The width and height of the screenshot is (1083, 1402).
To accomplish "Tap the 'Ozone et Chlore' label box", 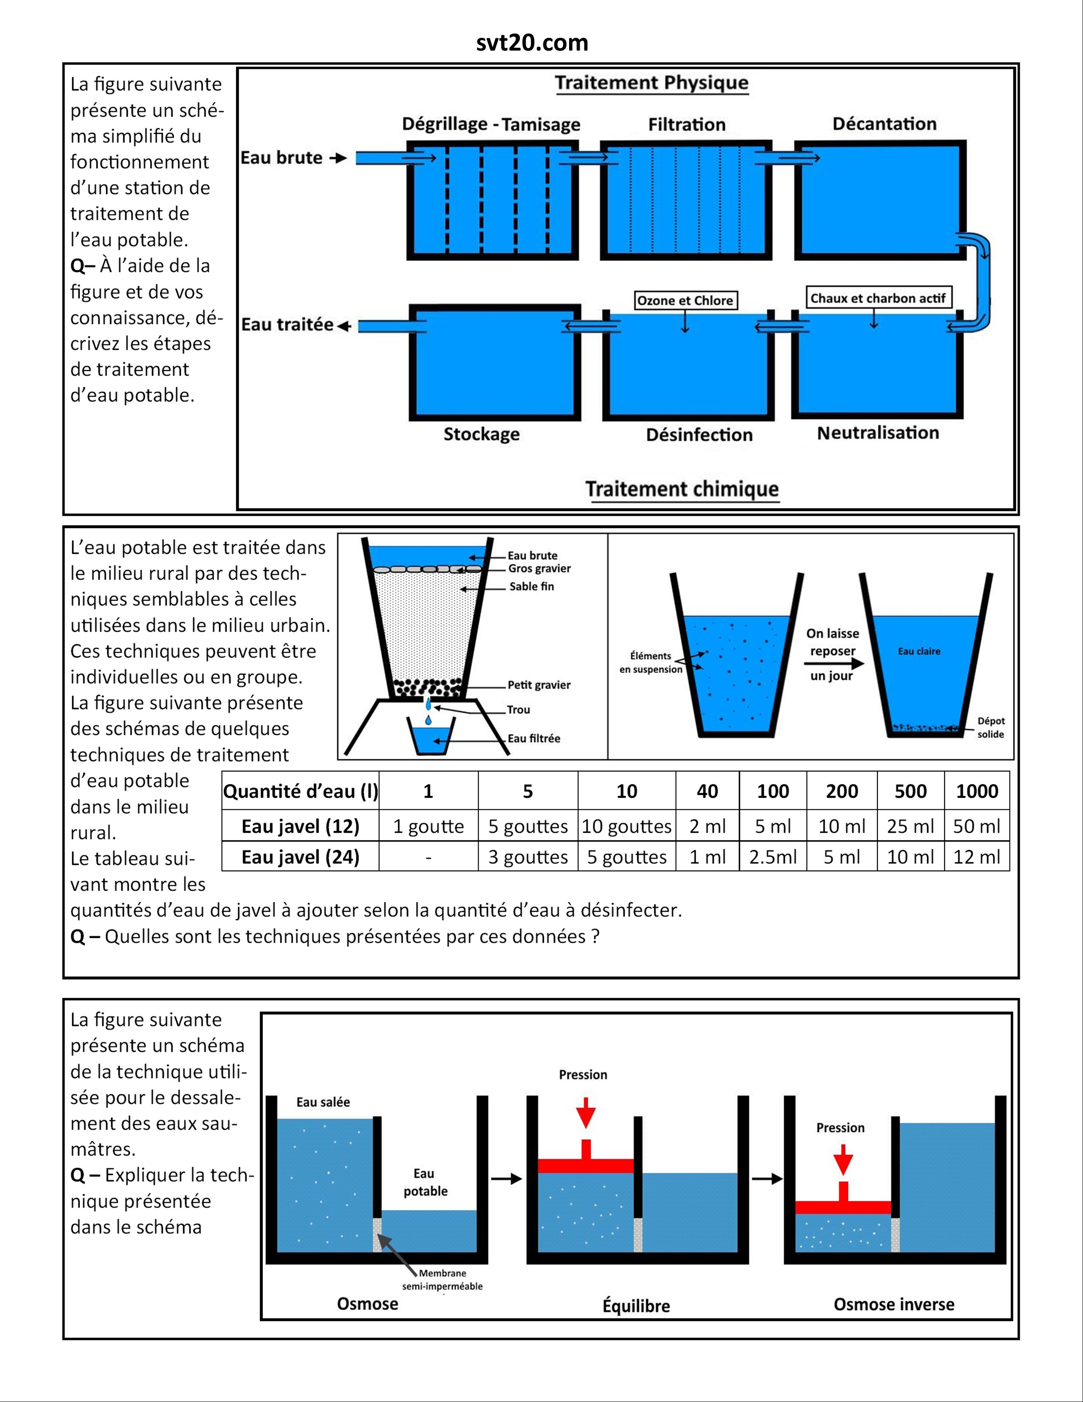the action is click(x=685, y=300).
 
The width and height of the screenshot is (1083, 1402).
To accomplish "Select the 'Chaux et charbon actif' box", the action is click(x=878, y=298).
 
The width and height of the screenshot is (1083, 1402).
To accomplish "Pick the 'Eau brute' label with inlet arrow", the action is click(x=294, y=158).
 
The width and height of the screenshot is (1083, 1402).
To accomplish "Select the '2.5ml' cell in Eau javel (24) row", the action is click(x=773, y=856).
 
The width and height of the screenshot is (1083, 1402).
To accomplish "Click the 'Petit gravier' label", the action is click(x=539, y=685).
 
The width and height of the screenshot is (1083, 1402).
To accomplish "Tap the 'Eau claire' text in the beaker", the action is click(x=919, y=651).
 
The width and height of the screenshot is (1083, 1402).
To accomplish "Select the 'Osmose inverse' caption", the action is click(x=894, y=1304).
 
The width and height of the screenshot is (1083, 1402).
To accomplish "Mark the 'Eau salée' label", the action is click(x=323, y=1102).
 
